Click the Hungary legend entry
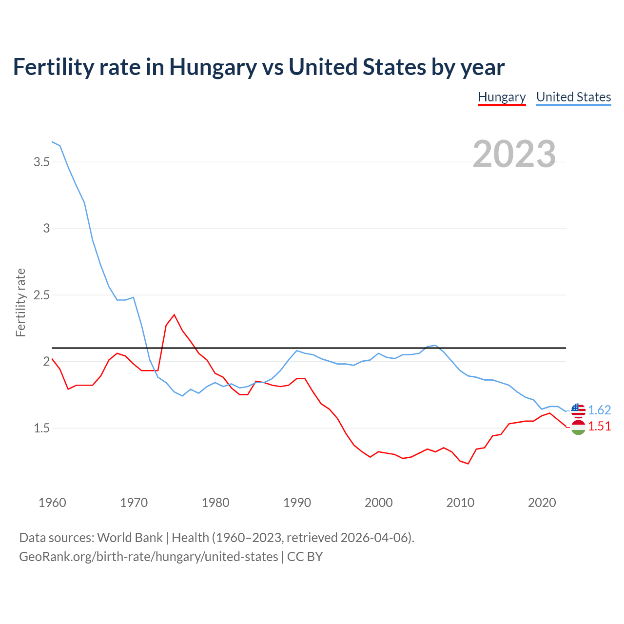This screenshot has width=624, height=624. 502,97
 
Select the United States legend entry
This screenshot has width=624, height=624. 573,97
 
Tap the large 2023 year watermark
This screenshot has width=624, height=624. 514,154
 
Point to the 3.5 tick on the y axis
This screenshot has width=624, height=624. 41,162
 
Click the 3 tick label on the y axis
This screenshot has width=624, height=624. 46,228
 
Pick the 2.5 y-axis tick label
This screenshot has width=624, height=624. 41,295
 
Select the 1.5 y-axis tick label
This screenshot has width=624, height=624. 41,428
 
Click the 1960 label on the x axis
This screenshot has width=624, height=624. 52,503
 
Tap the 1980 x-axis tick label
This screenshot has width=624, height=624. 215,503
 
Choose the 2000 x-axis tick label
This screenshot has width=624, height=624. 378,503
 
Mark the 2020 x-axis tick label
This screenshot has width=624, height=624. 542,503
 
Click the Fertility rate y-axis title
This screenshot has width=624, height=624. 20,302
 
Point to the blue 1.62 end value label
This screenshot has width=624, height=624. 599,410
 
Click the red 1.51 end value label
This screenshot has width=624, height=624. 599,426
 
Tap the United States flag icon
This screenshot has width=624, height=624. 578,410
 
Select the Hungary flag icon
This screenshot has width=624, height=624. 578,428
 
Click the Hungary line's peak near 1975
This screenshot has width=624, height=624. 174,315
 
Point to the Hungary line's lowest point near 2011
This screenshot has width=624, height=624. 468,463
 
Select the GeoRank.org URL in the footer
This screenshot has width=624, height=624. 148,557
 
